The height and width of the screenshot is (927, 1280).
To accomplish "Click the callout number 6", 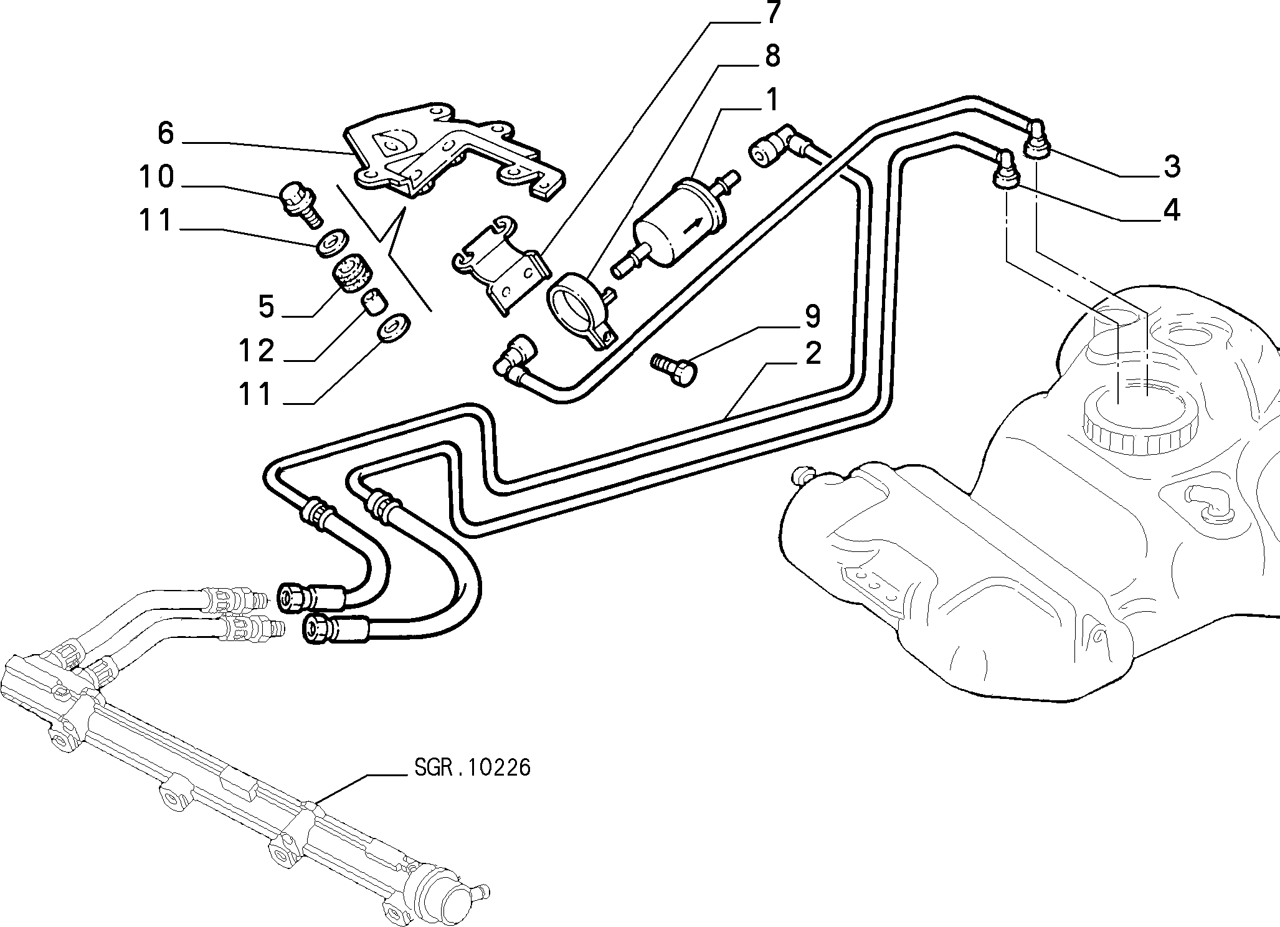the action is pos(165,133).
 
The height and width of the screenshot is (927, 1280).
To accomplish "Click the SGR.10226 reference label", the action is pos(472,768).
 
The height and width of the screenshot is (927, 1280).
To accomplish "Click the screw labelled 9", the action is pos(674,370).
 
